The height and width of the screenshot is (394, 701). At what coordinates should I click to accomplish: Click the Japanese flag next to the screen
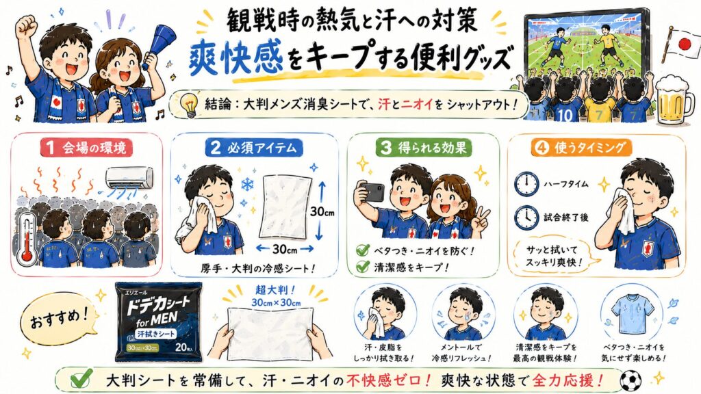point(680,43)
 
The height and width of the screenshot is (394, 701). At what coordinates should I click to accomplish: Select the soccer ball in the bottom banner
point(630,380)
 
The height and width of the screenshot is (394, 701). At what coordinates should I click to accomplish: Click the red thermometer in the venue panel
point(27,237)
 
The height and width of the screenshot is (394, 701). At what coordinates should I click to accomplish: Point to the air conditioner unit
point(129,178)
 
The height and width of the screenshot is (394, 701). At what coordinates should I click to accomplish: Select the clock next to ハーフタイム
point(526,183)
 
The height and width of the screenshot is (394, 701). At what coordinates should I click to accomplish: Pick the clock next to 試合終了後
point(526,218)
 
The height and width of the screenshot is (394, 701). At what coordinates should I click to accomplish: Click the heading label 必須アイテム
point(254,148)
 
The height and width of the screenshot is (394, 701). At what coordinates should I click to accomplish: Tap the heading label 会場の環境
point(86,148)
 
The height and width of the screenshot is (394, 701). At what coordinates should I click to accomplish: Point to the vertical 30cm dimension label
point(322,211)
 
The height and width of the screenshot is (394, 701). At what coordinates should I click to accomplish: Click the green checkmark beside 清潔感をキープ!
point(362,267)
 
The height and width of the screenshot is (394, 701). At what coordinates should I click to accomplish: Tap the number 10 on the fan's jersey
point(564,115)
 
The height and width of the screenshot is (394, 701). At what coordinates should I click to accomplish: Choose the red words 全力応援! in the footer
point(565,380)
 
